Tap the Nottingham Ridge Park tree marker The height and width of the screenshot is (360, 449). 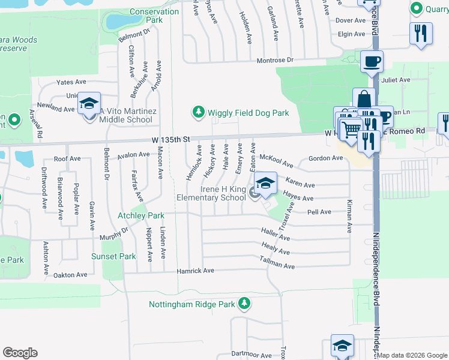[x=244, y=304]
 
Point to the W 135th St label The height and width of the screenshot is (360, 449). [x=170, y=139]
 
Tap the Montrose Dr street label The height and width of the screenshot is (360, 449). [x=275, y=61]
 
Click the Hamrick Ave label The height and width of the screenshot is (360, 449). [x=195, y=271]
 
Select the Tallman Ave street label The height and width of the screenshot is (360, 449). [x=277, y=263]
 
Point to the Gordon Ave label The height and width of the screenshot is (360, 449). [x=325, y=158]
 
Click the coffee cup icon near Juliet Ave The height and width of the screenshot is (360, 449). [x=372, y=62]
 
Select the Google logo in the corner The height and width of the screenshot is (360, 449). [x=20, y=352]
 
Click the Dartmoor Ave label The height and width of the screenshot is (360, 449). [x=252, y=355]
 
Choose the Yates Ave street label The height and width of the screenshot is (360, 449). [x=71, y=82]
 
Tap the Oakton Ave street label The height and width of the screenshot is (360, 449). [x=70, y=275]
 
